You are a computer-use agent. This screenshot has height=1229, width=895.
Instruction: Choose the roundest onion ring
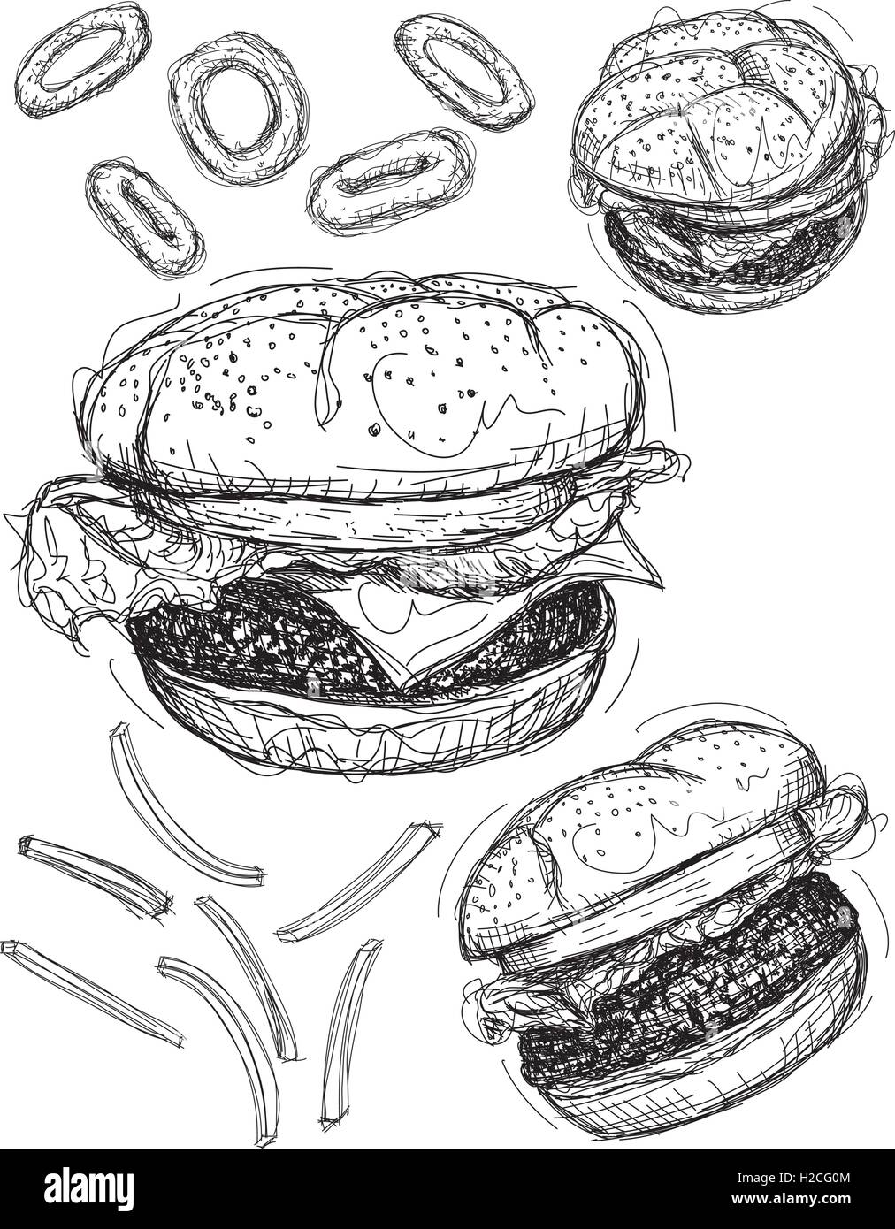pyautogui.click(x=239, y=107)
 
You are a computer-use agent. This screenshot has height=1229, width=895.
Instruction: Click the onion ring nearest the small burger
pyautogui.click(x=463, y=72)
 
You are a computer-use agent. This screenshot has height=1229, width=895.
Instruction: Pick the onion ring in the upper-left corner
pyautogui.click(x=82, y=60)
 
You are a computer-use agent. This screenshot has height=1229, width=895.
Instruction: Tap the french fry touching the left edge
pyautogui.click(x=90, y=988)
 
